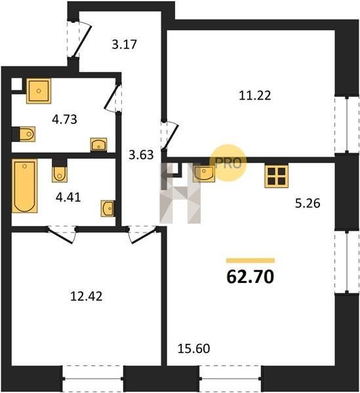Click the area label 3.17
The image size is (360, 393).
pyautogui.click(x=124, y=45)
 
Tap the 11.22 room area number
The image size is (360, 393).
pyautogui.click(x=255, y=96)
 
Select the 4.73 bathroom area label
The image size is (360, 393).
pyautogui.click(x=64, y=119)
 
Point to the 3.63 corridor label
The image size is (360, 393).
pyautogui.click(x=141, y=155)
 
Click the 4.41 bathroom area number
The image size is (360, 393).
pyautogui.click(x=68, y=198)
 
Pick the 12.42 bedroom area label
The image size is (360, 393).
pyautogui.click(x=87, y=297)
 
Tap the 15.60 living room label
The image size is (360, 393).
pyautogui.click(x=193, y=348)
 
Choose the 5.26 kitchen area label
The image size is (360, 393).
pyautogui.click(x=308, y=203)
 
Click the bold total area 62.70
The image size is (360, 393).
pyautogui.click(x=250, y=277)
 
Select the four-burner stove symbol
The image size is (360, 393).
pyautogui.click(x=276, y=176)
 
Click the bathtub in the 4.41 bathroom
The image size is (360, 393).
pyautogui.click(x=24, y=186)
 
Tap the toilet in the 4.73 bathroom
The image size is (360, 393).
pyautogui.click(x=24, y=134)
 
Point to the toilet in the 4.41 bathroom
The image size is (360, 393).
pyautogui.click(x=60, y=170)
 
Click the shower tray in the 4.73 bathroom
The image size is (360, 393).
pyautogui.click(x=39, y=91)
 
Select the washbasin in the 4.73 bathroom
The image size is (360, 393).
pyautogui.click(x=98, y=145)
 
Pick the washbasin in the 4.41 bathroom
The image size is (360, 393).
pyautogui.click(x=108, y=208)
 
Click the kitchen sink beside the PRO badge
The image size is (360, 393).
pyautogui.click(x=204, y=173)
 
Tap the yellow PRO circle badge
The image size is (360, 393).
pyautogui.click(x=228, y=162)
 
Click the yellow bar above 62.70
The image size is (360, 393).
pyautogui.click(x=250, y=261)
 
